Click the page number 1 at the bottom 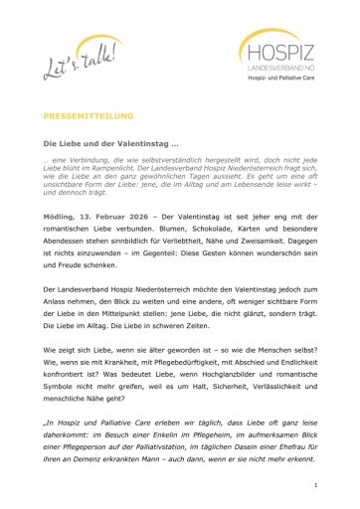click(x=314, y=484)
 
